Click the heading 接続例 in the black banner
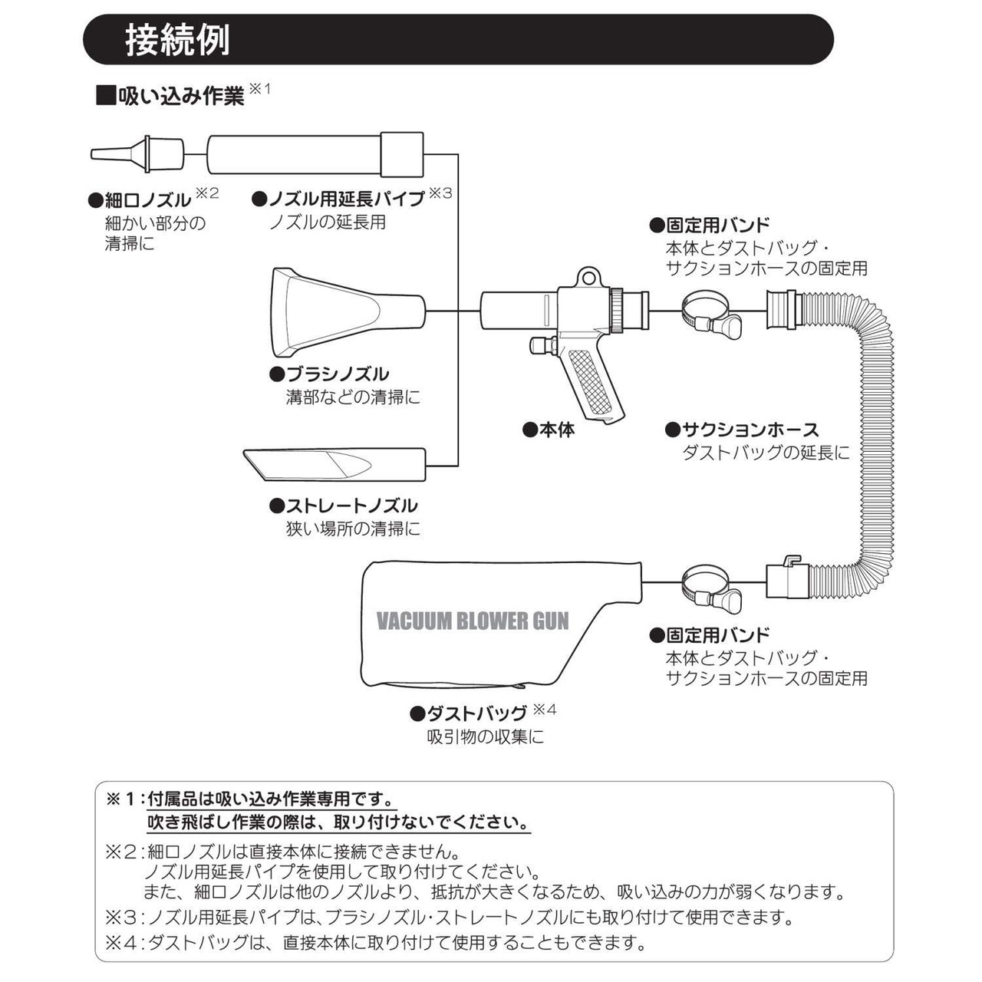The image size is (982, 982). [x=177, y=40]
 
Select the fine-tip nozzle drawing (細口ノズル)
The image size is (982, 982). [x=138, y=153]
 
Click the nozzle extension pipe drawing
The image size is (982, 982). [x=315, y=153]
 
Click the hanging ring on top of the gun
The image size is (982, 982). [x=588, y=275]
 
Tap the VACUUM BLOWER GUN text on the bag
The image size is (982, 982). [x=473, y=621]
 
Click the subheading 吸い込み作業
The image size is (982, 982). [x=180, y=96]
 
